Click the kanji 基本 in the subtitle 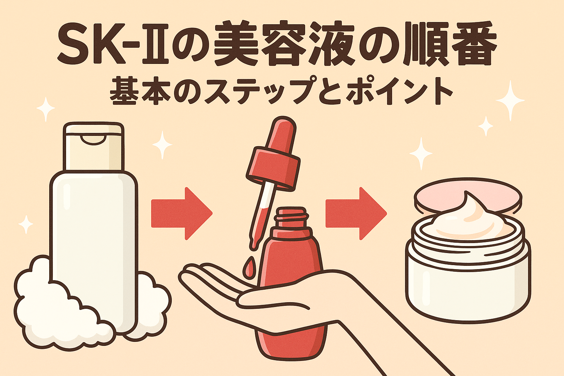pos(137,92)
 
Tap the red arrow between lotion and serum pos(182,213)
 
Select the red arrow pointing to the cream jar pos(356,213)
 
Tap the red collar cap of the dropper pos(273,168)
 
